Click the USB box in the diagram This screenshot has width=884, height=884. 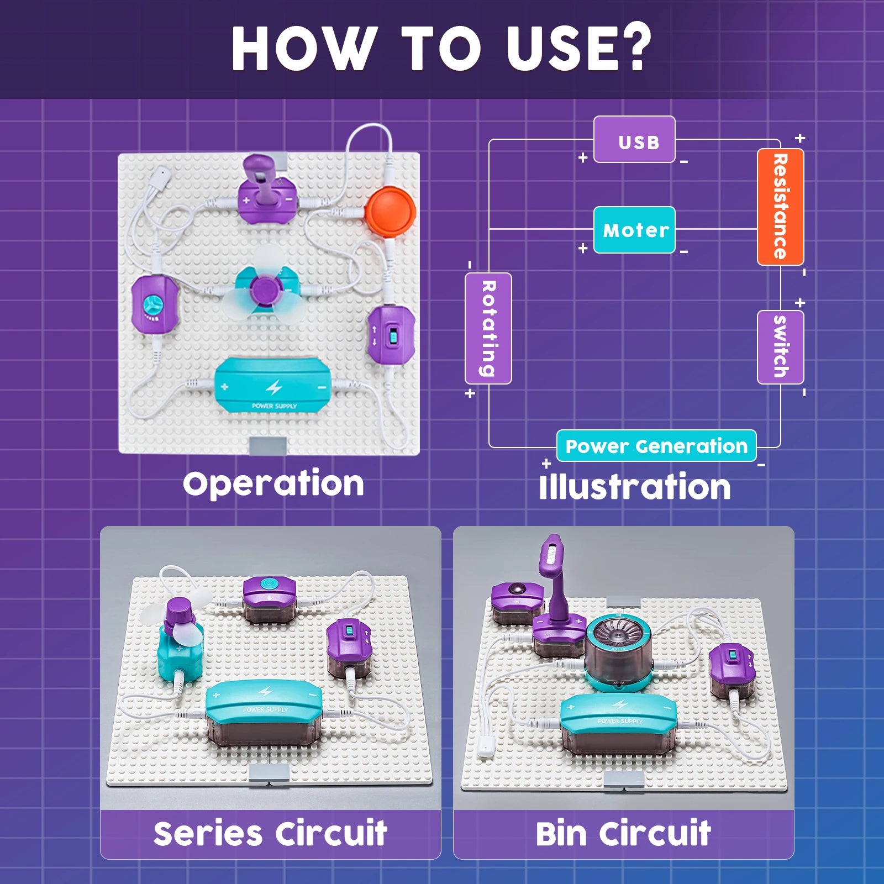(x=634, y=140)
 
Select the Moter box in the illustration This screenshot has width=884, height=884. (x=634, y=230)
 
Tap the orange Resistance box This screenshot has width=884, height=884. (x=780, y=207)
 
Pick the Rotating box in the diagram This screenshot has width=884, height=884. (x=488, y=328)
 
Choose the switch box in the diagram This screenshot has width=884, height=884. (x=780, y=347)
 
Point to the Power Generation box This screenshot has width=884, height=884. (x=656, y=445)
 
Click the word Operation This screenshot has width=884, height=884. (x=273, y=484)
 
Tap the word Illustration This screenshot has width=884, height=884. (x=635, y=487)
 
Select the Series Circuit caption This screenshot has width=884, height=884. (x=270, y=834)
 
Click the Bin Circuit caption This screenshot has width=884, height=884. (x=623, y=834)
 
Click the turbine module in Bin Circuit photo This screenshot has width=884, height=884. (x=618, y=652)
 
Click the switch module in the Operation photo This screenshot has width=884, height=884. (x=391, y=334)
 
